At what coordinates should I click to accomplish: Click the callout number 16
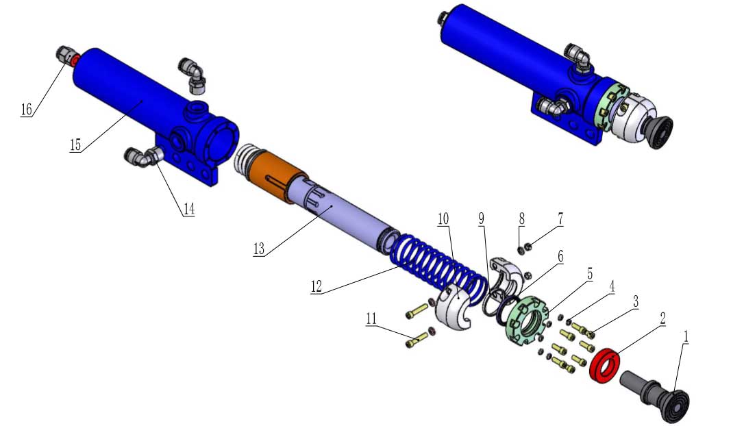click(27, 110)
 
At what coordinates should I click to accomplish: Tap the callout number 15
click(75, 145)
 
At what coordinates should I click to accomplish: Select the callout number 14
click(189, 209)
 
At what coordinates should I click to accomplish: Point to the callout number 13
click(259, 249)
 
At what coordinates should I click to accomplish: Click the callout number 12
click(317, 286)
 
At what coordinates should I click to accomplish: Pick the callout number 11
click(371, 318)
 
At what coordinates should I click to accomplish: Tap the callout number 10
click(443, 218)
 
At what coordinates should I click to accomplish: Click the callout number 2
click(662, 318)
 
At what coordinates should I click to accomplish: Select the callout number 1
click(685, 336)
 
